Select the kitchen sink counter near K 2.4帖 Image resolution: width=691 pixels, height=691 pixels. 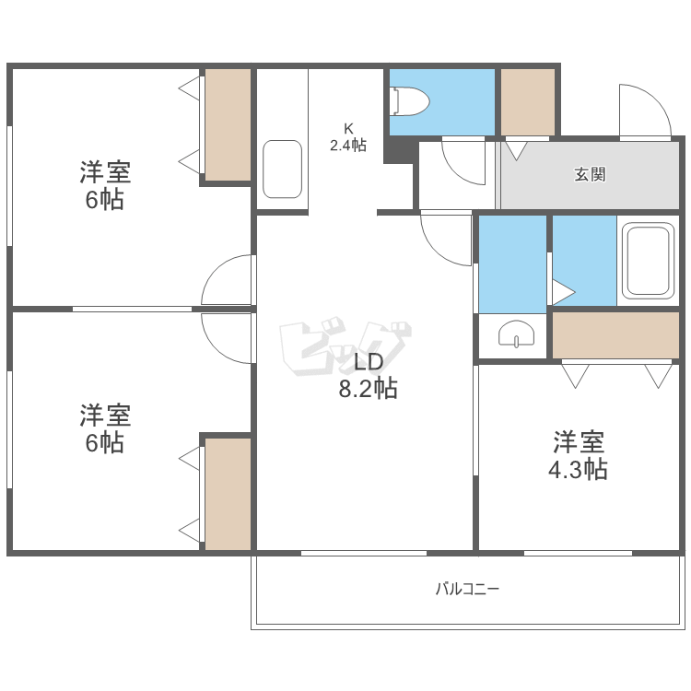coord(282,169)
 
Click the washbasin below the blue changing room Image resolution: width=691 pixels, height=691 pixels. coord(513,334)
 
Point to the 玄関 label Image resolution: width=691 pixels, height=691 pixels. coord(590,174)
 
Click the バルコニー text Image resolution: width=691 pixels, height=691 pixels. coord(467,589)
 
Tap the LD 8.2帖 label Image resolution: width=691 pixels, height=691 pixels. coord(368,374)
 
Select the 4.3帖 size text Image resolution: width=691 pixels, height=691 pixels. coord(578,470)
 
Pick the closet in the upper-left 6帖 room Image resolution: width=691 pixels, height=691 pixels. coord(228,124)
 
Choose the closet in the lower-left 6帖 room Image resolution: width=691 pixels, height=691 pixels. coord(228,494)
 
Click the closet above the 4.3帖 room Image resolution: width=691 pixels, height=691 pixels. coord(615,334)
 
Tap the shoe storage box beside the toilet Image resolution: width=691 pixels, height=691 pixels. coord(527,101)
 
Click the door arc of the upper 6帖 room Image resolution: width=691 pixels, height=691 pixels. coord(228,280)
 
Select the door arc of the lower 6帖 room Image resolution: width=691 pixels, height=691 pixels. coord(228,338)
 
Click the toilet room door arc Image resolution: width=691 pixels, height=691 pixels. coord(463,160)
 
